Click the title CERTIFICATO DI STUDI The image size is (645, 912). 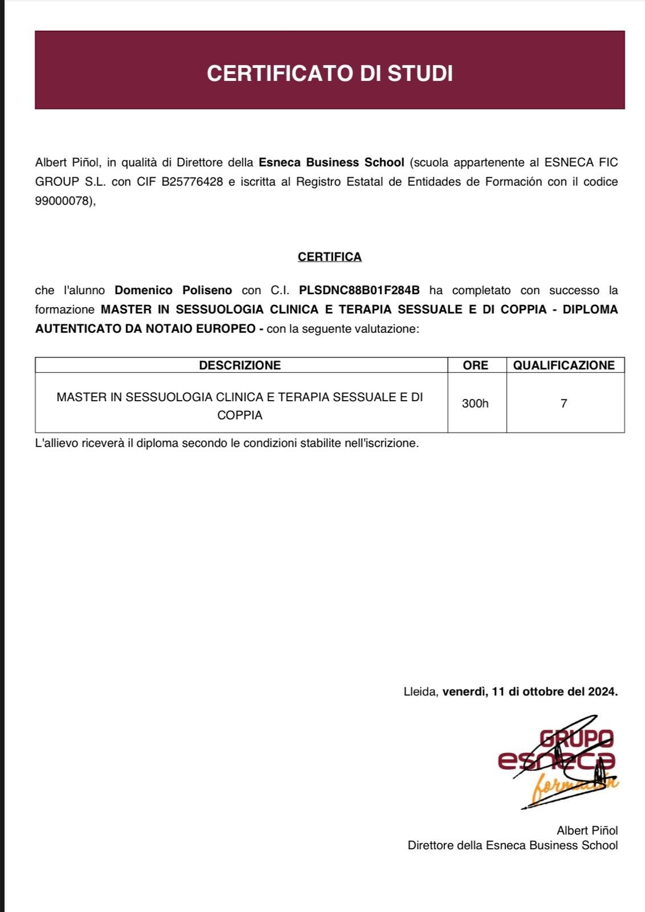coord(329,73)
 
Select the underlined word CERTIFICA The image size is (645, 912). coord(329,257)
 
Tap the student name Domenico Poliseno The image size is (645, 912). coord(173,290)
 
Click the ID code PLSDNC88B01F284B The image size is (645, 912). coord(359,290)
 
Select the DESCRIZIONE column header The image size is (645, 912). coord(240,365)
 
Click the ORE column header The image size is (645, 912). coord(475,365)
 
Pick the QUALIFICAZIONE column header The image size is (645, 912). coord(564,365)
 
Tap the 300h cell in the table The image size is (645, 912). coord(475,404)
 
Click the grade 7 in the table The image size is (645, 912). coord(564,404)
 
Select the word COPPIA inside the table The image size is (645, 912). coord(240,416)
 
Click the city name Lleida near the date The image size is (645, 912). coord(421,692)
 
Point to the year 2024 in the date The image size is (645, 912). coord(603,692)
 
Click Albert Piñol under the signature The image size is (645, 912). coord(587,830)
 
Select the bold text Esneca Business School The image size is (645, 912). coord(331,162)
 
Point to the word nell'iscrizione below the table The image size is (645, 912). coord(381,443)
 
